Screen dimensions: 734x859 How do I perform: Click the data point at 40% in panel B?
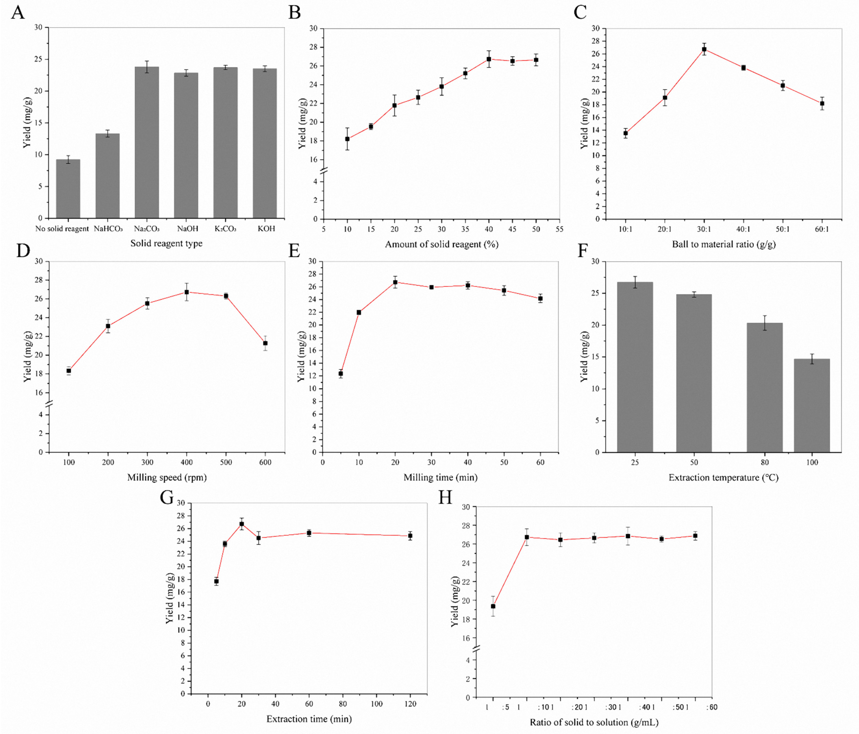[x=489, y=59]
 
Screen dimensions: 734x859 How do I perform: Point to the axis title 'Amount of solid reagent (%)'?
[x=442, y=244]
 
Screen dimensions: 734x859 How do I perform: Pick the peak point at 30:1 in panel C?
[x=704, y=49]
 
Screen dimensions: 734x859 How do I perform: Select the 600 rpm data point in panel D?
[x=265, y=343]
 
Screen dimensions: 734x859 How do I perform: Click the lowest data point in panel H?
[x=493, y=606]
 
